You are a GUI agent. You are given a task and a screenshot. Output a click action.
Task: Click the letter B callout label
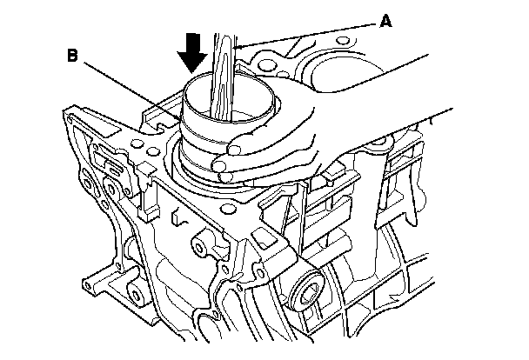click(73, 56)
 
